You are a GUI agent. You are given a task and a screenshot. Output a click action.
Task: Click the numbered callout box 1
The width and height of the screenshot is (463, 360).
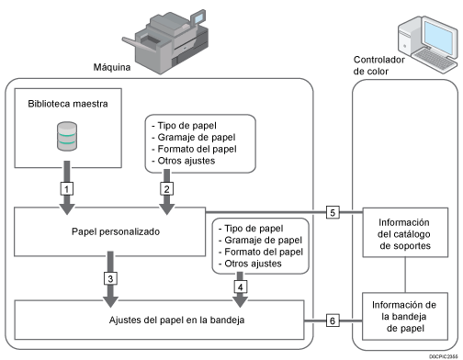click(x=67, y=188)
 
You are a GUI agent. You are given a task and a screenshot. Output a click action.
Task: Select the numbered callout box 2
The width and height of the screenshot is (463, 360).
click(x=166, y=188)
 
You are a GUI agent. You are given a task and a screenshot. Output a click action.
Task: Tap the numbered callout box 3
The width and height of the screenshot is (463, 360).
click(x=110, y=278)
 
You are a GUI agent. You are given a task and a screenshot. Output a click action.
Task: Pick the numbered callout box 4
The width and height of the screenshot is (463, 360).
click(x=241, y=287)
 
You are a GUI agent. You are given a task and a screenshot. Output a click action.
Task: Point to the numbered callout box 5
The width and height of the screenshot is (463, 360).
click(x=333, y=212)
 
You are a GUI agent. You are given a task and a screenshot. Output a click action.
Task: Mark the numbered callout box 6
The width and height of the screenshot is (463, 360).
click(x=333, y=321)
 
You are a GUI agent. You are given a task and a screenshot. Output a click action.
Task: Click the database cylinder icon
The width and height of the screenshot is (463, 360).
click(x=67, y=136)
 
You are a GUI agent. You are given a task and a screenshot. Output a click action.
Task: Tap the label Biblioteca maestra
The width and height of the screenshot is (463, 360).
click(x=68, y=104)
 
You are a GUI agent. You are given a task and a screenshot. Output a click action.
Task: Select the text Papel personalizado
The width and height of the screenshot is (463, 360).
click(x=116, y=231)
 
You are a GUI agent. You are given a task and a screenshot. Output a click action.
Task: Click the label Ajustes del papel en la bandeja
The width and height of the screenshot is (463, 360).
click(x=176, y=320)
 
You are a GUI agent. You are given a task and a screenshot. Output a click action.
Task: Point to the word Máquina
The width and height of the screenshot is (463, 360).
click(x=112, y=67)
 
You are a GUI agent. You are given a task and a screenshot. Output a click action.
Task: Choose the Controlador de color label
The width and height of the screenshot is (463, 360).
click(x=378, y=65)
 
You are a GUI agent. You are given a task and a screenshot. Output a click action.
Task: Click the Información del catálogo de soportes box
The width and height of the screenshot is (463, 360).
click(x=405, y=232)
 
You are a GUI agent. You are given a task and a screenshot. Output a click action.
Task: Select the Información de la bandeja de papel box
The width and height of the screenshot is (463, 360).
click(x=405, y=316)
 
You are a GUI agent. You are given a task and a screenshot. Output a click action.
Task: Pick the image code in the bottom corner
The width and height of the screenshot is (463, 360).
click(x=443, y=356)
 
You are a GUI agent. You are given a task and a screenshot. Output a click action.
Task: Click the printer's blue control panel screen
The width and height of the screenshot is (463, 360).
click(x=198, y=18)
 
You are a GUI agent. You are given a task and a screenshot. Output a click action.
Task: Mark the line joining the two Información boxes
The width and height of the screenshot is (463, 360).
click(x=405, y=275)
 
